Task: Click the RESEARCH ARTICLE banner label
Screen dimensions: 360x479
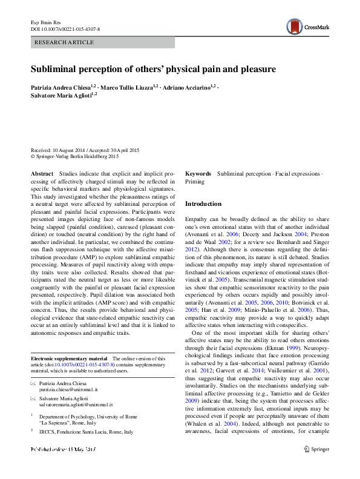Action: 65,42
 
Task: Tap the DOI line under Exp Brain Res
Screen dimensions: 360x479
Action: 65,28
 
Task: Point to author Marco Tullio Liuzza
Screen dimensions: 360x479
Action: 130,87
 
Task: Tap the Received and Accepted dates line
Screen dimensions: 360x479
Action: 85,149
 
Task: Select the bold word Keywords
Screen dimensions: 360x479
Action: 198,173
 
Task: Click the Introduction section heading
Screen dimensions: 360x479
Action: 203,204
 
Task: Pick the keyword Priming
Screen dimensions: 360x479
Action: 195,181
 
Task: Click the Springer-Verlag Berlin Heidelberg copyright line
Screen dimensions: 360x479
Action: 78,155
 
